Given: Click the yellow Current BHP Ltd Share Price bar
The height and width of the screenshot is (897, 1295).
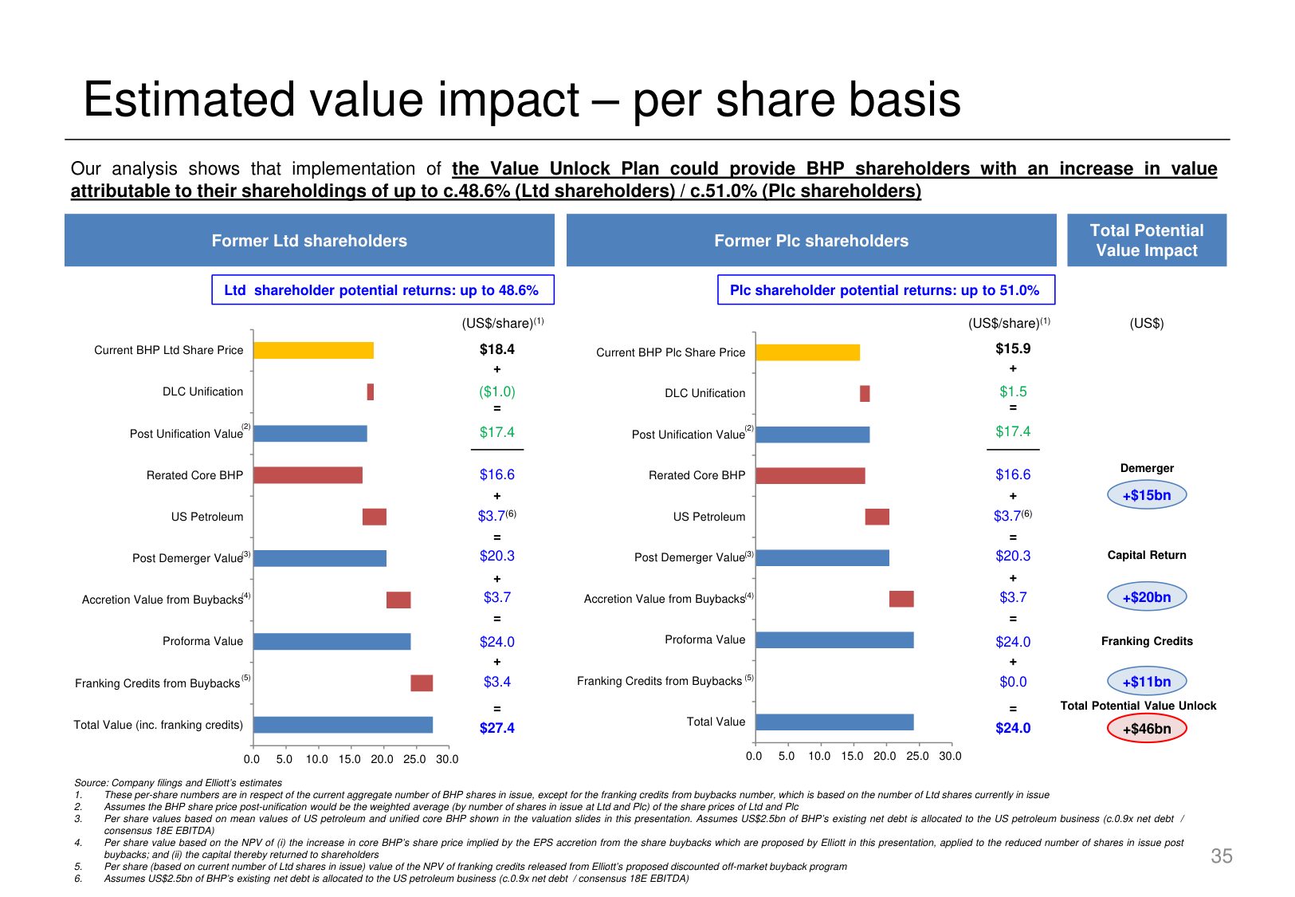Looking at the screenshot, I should click(313, 350).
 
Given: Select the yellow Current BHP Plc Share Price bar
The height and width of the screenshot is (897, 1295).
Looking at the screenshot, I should click(807, 352).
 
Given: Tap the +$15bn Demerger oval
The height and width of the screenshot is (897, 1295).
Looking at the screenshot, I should click(1146, 495).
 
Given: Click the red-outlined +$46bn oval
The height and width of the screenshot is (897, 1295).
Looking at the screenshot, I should click(1146, 729).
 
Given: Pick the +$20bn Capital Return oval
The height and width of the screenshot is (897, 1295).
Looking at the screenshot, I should click(1146, 597).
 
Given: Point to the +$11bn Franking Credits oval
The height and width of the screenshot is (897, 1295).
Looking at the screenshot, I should click(1146, 682).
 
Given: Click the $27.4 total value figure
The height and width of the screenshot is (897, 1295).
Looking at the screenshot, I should click(496, 728).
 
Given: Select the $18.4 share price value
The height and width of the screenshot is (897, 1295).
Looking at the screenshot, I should click(496, 349).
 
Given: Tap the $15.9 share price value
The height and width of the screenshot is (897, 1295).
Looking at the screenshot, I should click(1012, 348).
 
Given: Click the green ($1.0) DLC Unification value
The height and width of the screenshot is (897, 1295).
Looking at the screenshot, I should click(496, 391).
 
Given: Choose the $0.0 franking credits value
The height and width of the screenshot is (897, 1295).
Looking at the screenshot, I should click(1012, 682).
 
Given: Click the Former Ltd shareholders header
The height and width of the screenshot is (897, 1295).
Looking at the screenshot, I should click(309, 241).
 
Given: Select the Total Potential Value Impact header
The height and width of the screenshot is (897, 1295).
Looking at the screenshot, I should click(1146, 240).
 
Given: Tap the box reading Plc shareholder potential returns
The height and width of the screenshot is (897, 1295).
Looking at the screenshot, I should click(885, 290).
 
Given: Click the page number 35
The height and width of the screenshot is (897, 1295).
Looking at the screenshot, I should click(1221, 856).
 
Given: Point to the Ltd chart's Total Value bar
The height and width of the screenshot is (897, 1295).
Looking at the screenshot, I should click(343, 725).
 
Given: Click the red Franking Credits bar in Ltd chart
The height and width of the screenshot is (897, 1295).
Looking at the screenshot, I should click(422, 683).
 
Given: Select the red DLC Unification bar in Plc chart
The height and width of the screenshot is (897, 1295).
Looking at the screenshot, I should click(865, 393).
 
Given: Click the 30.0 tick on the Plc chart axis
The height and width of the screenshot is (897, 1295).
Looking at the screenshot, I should click(950, 756).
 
